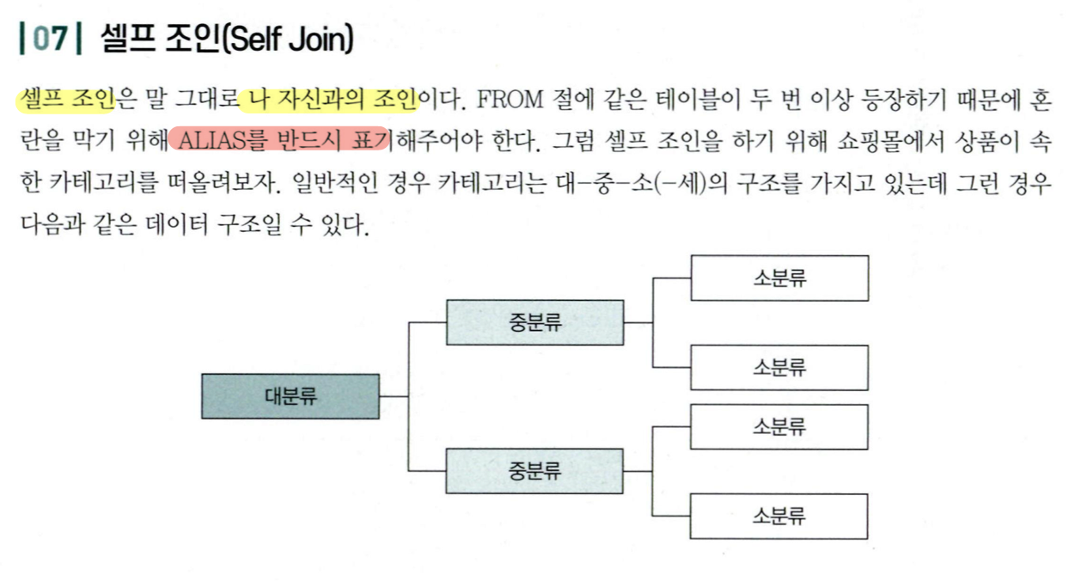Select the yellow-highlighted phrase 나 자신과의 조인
point(329,101)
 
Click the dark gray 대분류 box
point(290,396)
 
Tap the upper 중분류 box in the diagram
point(534,322)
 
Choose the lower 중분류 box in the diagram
point(534,471)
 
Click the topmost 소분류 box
point(779,278)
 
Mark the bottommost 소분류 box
point(779,516)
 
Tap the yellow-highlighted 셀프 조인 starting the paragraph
point(65,101)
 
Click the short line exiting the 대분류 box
point(394,396)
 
